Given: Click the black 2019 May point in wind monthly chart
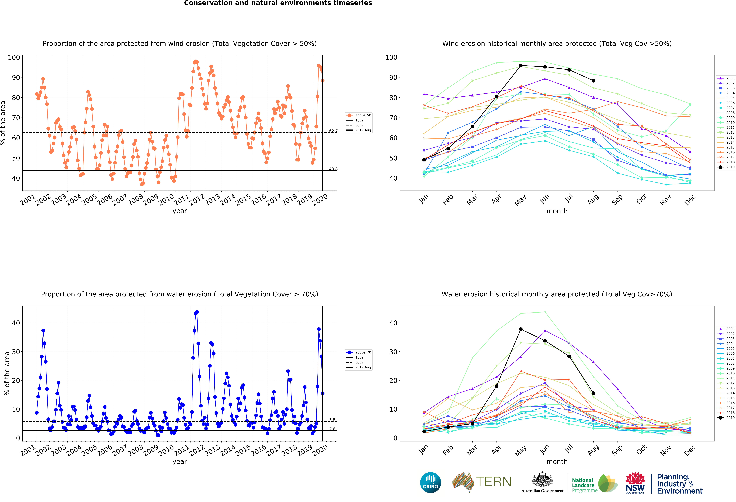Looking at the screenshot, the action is [x=521, y=66].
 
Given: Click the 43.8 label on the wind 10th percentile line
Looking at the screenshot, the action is [x=333, y=169].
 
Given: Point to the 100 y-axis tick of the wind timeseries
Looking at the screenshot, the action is [x=14, y=57].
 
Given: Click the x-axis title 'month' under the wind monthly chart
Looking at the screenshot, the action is [x=557, y=211].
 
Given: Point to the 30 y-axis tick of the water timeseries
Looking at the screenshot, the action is [x=16, y=352].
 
